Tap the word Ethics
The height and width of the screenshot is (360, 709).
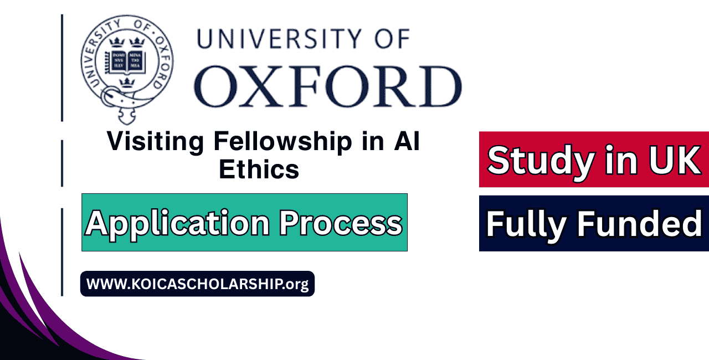coord(259,169)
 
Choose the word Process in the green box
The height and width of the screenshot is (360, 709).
coord(341,223)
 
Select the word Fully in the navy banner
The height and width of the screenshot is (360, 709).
coord(527,224)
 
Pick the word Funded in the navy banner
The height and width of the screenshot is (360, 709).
coord(640,224)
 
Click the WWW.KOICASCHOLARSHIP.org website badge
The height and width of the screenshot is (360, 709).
coord(197,284)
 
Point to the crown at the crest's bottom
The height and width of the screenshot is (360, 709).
coord(128,83)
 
